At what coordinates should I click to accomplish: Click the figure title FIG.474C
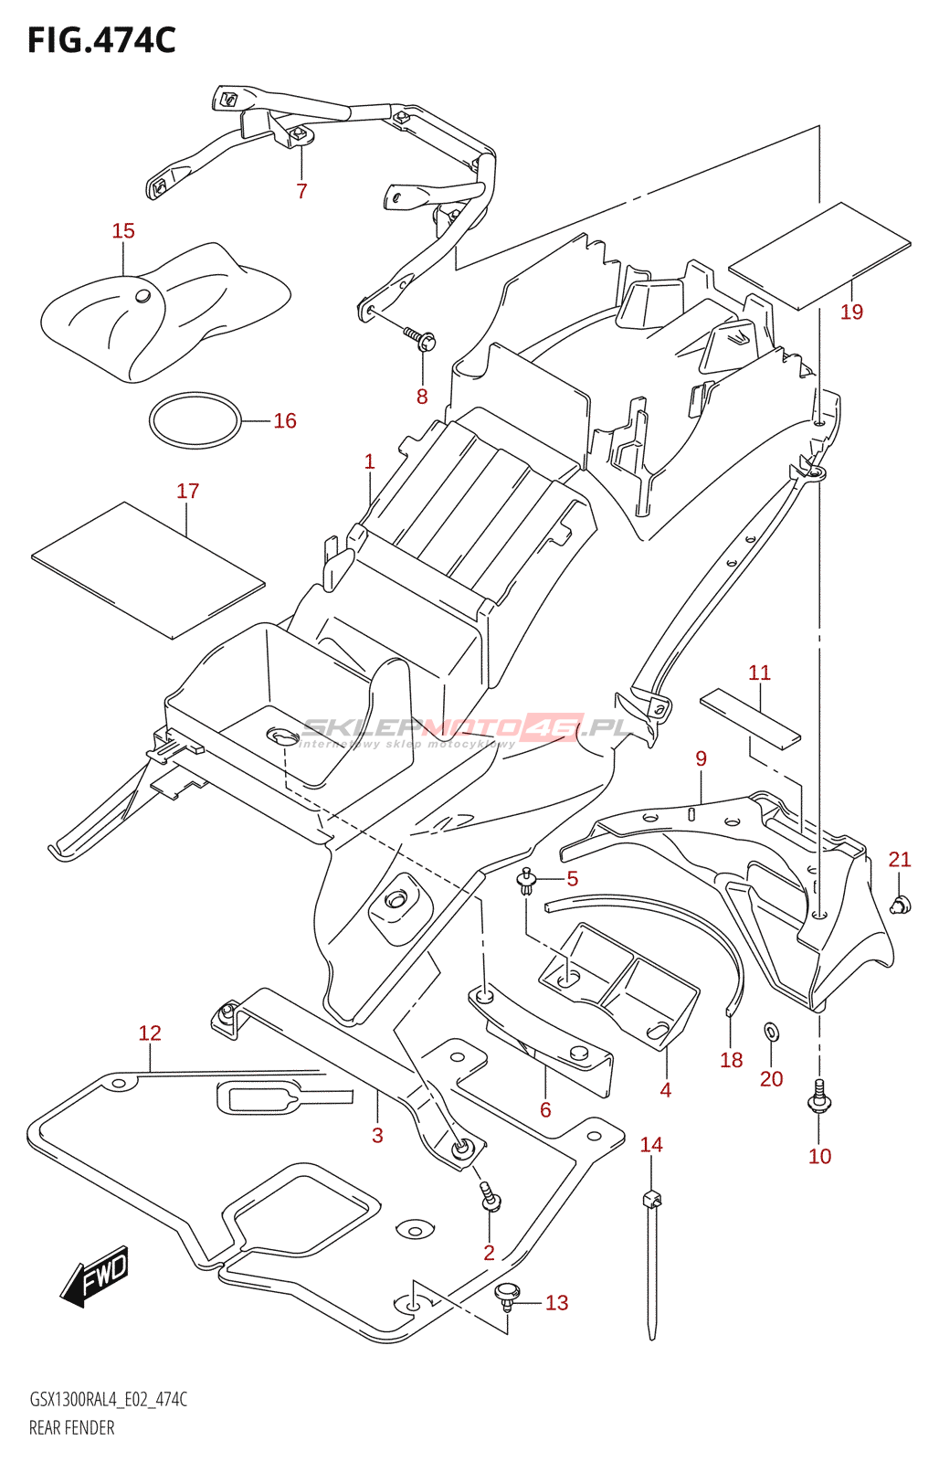point(101,40)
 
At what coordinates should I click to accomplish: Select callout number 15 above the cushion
point(123,231)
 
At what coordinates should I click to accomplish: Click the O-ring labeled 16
point(195,420)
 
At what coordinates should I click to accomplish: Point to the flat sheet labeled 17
point(148,570)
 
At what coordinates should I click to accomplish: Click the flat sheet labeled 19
point(819,255)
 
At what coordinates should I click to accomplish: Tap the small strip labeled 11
point(750,716)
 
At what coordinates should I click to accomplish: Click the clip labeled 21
point(902,905)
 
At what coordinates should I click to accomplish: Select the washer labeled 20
point(772,1032)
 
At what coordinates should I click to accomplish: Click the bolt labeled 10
point(819,1097)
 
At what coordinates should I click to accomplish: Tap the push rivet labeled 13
point(507,1295)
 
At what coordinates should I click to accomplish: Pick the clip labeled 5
point(526,881)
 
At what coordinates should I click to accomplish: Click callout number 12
point(150,1033)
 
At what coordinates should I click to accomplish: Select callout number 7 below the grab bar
point(301,191)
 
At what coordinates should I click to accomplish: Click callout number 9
point(701,758)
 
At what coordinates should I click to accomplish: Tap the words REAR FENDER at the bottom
point(72,1428)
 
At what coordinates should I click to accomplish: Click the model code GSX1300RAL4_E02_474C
point(109,1400)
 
